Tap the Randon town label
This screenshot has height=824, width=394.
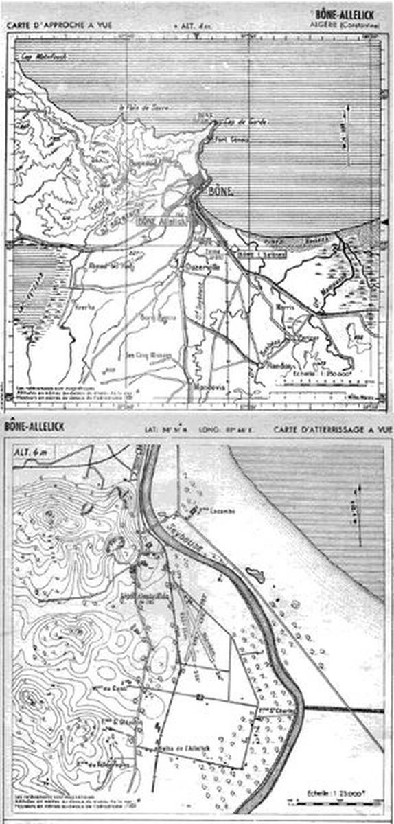coord(279,365)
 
